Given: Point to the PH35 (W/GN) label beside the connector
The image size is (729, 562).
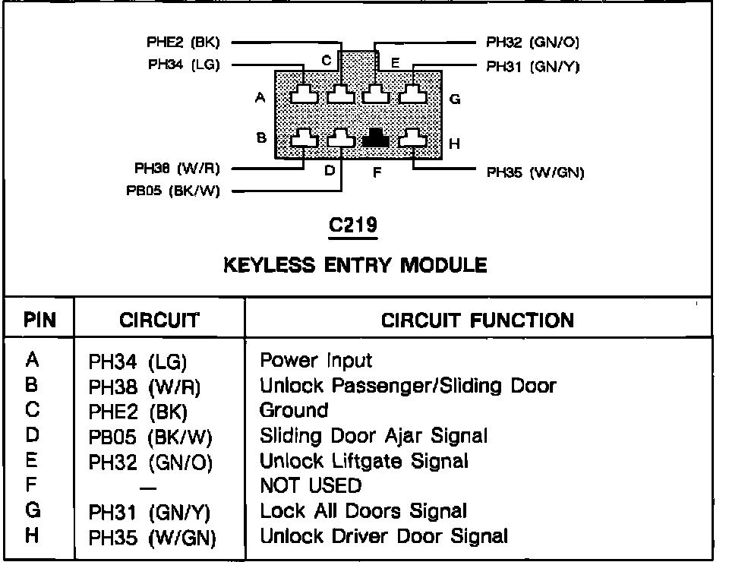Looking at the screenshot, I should tap(535, 172).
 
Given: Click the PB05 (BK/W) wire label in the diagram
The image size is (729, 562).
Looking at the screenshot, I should tap(173, 191).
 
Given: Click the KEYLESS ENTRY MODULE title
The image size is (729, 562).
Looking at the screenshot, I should tap(355, 265).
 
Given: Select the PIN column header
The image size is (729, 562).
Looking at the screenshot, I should tap(39, 320).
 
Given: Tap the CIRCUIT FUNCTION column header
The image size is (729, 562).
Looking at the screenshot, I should tap(478, 320).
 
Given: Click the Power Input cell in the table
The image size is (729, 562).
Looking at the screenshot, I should tap(316, 360).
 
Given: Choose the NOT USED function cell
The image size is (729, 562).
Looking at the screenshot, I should tap(311, 485).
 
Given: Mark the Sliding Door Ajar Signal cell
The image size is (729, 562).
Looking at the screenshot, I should tap(374, 435).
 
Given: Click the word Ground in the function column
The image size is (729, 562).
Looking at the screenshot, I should tap(294, 410).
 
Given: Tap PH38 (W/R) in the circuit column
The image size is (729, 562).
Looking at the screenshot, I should tap(145, 387).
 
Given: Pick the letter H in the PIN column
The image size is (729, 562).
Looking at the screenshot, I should tap(32, 535).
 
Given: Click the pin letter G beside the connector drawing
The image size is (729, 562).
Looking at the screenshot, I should tap(454, 99).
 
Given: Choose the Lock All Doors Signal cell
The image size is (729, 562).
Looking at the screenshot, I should tap(363, 511).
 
